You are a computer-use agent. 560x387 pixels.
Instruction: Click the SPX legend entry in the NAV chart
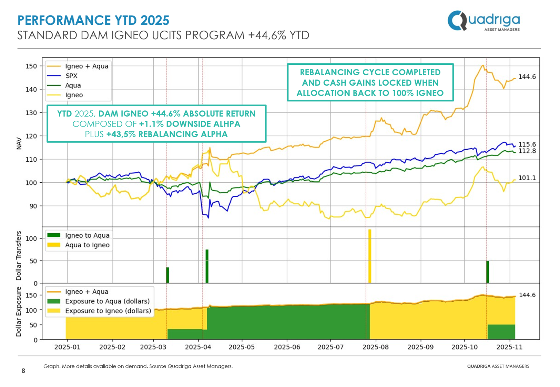71,76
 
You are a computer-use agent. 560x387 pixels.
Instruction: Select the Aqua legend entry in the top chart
73,85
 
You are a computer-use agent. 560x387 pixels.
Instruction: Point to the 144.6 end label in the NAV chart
527,77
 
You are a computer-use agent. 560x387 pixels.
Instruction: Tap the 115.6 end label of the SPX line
527,144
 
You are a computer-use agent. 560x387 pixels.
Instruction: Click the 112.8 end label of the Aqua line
527,151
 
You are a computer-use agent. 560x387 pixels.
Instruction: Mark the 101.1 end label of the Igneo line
527,178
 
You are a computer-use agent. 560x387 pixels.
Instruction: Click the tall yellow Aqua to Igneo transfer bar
370,256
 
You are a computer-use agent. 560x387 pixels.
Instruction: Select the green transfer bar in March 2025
167,275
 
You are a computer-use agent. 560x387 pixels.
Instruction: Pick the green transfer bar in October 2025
488,272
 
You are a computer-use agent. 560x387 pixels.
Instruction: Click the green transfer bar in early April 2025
207,266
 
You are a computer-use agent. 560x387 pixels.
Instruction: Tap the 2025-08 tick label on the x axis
375,347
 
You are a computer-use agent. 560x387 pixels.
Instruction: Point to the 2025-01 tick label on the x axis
67,347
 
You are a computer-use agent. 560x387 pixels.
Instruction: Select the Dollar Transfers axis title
19,255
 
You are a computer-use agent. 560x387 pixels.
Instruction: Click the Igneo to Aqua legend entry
87,235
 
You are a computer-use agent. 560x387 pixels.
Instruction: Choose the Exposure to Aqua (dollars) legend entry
107,301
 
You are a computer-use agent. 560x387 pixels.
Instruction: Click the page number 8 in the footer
23,370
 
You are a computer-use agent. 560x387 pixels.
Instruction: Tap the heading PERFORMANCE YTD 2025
93,20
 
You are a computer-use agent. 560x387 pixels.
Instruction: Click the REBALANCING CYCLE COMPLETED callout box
370,83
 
